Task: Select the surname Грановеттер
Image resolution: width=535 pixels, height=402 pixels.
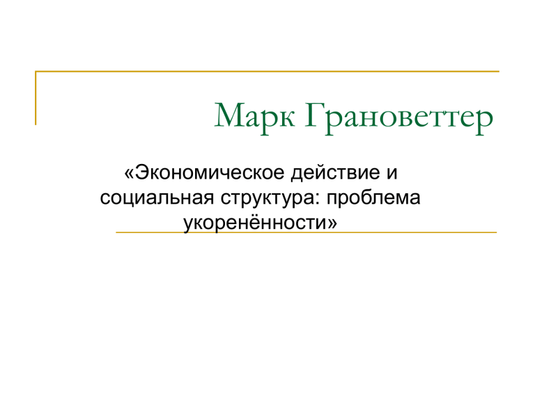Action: pyautogui.click(x=399, y=117)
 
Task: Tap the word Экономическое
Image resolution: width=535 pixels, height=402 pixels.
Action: pyautogui.click(x=210, y=172)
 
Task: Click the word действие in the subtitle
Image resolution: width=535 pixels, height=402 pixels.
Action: pyautogui.click(x=336, y=173)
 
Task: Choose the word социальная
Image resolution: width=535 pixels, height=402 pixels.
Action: pyautogui.click(x=157, y=199)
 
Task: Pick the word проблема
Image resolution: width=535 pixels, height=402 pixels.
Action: pyautogui.click(x=373, y=199)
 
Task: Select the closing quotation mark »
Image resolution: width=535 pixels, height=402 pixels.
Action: pyautogui.click(x=332, y=224)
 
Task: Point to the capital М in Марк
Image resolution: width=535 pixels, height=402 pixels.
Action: pyautogui.click(x=230, y=114)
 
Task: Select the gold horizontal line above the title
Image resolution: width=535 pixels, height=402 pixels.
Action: pyautogui.click(x=267, y=71)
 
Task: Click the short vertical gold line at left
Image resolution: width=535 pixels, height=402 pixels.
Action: pyautogui.click(x=36, y=98)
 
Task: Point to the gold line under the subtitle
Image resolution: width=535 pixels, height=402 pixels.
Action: pyautogui.click(x=307, y=232)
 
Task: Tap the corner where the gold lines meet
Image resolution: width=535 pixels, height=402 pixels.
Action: pyautogui.click(x=36, y=71)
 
